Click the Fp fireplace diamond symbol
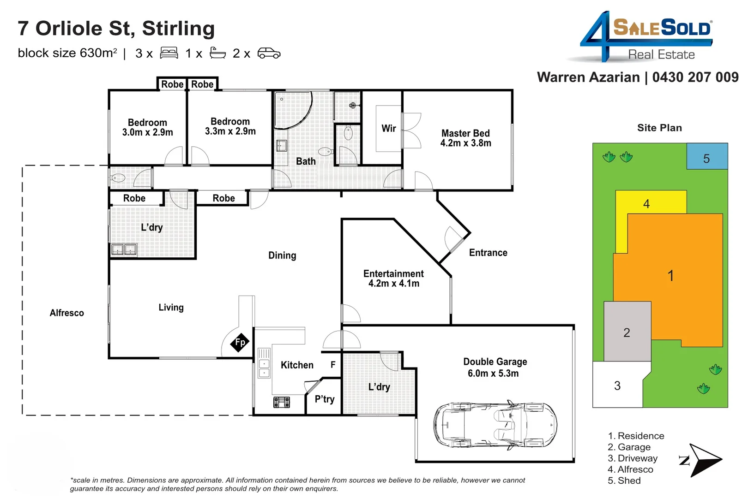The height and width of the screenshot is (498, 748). point(240,342)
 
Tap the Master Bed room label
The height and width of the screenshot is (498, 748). point(465,138)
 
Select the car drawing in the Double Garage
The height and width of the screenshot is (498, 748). point(495,425)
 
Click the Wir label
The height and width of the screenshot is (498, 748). point(388,128)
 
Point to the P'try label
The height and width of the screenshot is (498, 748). point(324,399)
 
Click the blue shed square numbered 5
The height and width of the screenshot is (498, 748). point(706,156)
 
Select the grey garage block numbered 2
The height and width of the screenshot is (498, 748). point(627,332)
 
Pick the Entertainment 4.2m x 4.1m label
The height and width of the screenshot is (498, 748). point(393,279)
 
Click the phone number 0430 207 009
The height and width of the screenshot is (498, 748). point(695,77)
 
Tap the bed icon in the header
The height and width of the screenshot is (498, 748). point(169,53)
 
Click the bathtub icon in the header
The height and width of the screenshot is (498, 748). point(217,53)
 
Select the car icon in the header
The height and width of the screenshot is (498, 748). point(269,53)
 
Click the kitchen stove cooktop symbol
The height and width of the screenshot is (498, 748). point(282,402)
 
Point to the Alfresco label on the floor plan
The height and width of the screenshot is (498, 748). point(67,313)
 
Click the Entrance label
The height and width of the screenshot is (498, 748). point(488,253)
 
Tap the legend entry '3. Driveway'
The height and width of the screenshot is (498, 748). point(632,458)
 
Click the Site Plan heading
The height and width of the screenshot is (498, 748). point(659,128)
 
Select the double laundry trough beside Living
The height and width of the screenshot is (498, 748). point(124,249)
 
